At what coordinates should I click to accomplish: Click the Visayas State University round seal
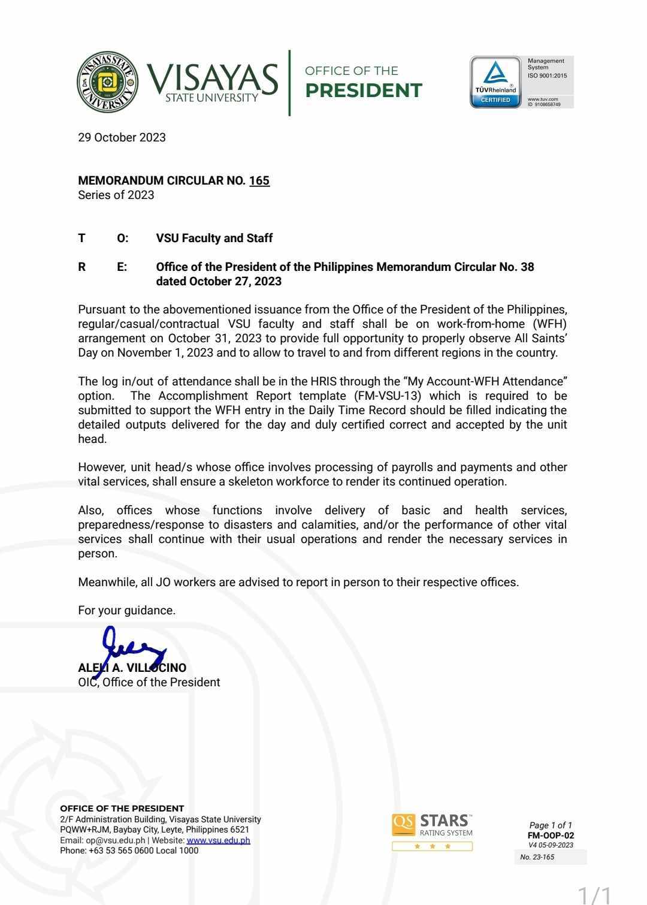(x=108, y=82)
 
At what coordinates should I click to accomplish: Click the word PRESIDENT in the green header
(x=364, y=90)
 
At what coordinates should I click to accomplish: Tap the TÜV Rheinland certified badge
(x=496, y=82)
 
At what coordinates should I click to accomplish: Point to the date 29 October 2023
(x=122, y=137)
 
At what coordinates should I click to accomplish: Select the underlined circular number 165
(x=259, y=180)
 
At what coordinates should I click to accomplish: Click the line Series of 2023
(x=116, y=195)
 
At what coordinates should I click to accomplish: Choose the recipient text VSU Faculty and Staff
(x=214, y=238)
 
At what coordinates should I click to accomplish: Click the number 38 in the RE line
(x=527, y=267)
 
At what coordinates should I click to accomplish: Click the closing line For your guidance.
(x=126, y=610)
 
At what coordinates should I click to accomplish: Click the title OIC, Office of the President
(x=149, y=682)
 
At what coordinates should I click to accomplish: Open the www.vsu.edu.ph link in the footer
(x=218, y=840)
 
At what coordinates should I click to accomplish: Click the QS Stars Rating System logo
(x=433, y=831)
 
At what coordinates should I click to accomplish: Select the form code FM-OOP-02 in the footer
(x=551, y=835)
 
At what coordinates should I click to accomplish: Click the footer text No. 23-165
(x=537, y=857)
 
